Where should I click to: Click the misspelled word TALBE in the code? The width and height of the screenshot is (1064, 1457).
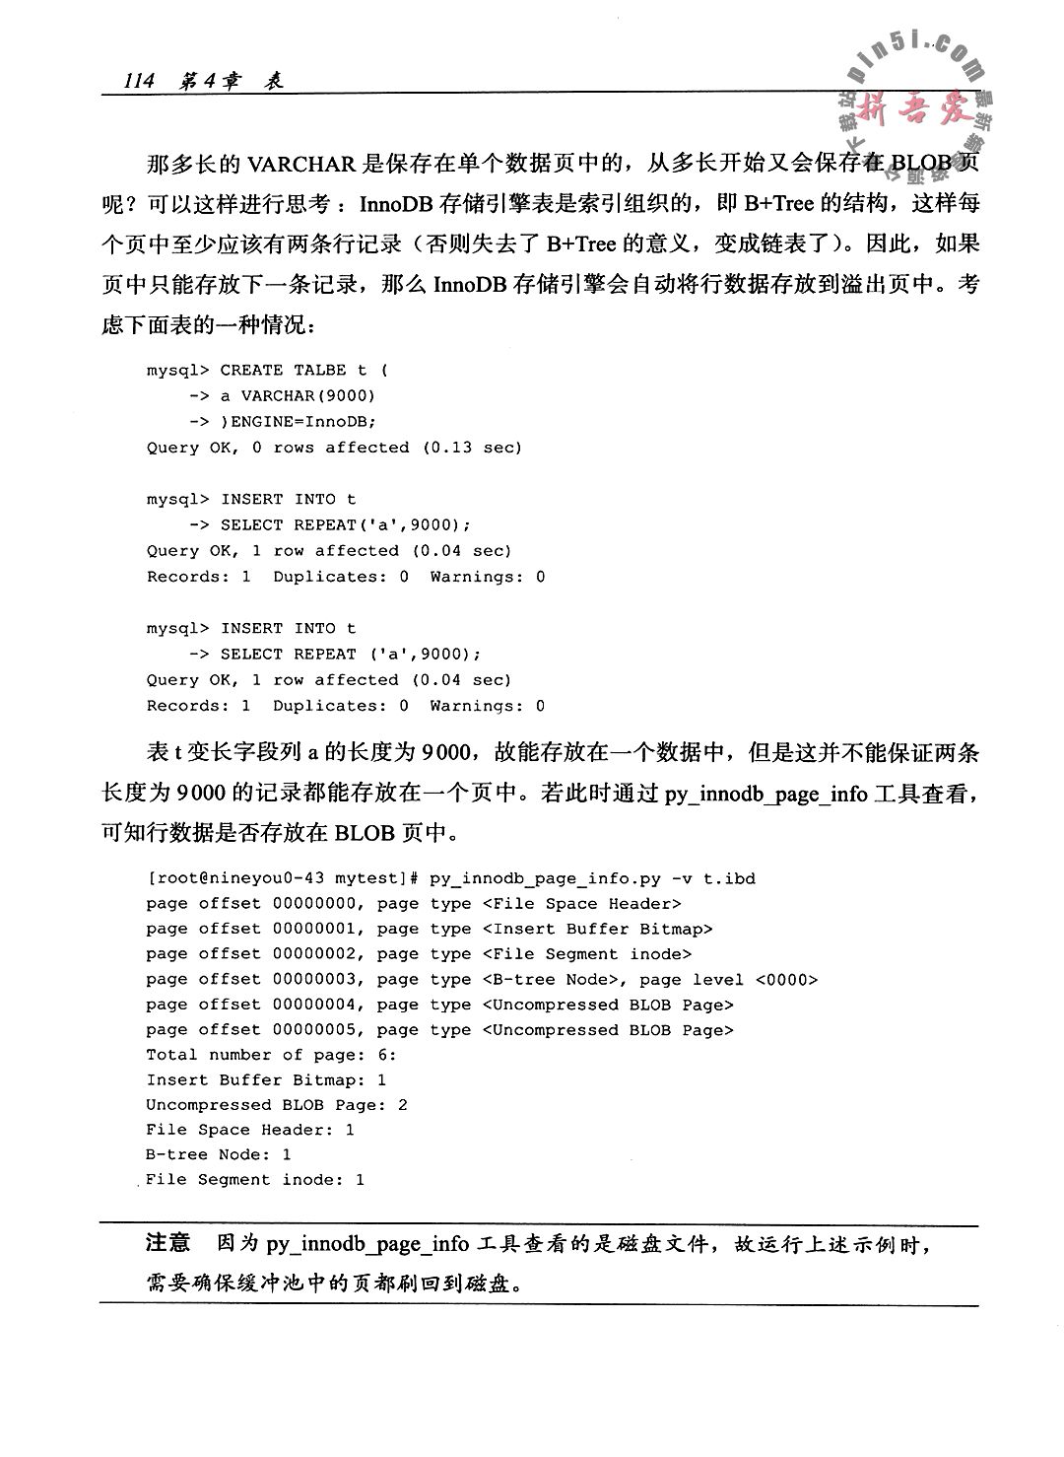(320, 371)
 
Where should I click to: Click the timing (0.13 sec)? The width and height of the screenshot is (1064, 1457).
(473, 448)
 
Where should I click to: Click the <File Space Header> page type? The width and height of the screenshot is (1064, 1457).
(581, 903)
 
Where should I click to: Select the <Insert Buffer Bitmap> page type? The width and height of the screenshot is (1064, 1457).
(597, 929)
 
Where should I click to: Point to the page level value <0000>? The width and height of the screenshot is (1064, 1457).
(786, 980)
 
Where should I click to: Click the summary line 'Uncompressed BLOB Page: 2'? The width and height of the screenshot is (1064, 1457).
(277, 1105)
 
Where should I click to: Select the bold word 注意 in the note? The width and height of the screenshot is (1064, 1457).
(167, 1243)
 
